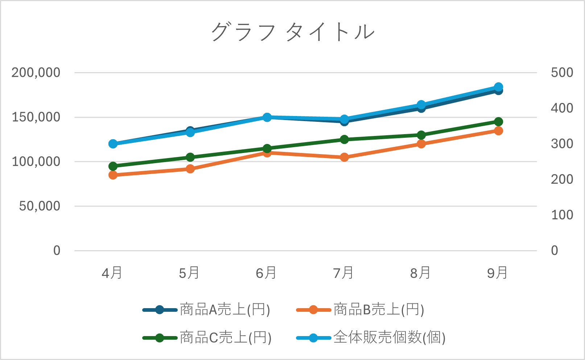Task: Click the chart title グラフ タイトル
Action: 292,32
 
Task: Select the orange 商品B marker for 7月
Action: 344,157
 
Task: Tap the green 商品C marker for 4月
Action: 113,166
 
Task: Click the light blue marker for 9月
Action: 498,87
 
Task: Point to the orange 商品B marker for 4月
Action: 113,175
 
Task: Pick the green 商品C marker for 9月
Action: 498,121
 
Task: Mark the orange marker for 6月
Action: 267,153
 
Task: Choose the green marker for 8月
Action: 421,135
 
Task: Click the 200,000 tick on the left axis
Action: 36,73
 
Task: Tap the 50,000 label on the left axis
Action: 40,206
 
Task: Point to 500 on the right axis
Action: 562,73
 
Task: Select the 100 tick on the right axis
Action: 562,215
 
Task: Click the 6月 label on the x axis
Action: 266,273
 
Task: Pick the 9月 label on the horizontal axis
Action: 497,273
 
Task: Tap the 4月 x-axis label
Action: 112,273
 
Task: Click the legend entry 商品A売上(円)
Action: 225,310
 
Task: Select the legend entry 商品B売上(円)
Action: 379,310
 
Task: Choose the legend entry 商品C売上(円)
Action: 226,338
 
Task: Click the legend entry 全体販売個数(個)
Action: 389,338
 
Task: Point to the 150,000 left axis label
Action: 36,117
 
